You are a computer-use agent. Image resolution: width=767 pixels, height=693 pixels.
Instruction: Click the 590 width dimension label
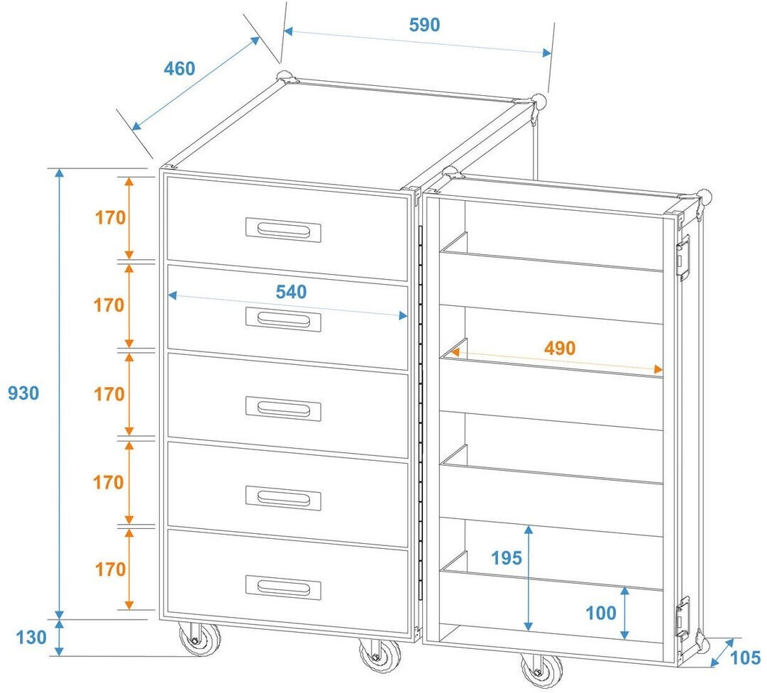point(424,25)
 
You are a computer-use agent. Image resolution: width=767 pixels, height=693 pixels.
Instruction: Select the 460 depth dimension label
point(180,69)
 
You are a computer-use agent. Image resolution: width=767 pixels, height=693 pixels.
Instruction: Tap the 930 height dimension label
point(23,393)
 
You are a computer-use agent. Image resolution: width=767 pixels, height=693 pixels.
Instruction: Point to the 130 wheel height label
point(31,638)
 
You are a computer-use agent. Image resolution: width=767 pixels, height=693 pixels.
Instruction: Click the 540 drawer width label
point(291,292)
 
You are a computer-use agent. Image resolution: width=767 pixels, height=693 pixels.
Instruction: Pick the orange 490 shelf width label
point(560,349)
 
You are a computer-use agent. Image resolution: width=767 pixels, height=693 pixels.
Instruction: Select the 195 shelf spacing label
point(507,558)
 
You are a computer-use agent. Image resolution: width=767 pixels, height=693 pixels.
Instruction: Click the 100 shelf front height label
point(601,613)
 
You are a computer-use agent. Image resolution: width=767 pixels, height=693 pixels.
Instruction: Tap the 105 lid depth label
point(745,658)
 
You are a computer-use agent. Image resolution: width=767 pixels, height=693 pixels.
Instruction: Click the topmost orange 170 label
point(110,218)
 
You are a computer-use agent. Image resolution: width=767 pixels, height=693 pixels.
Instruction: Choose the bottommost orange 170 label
point(110,569)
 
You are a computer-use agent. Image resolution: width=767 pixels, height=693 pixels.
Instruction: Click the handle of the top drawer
point(283,229)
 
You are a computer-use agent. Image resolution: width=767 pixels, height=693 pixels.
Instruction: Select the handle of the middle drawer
point(283,408)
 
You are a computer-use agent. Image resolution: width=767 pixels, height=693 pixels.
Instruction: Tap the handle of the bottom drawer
point(283,586)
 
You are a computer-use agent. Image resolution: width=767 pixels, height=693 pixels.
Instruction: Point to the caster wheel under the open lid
point(541,669)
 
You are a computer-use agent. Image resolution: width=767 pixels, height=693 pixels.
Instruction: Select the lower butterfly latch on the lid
point(683,615)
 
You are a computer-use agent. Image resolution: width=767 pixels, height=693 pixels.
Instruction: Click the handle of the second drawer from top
point(283,320)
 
